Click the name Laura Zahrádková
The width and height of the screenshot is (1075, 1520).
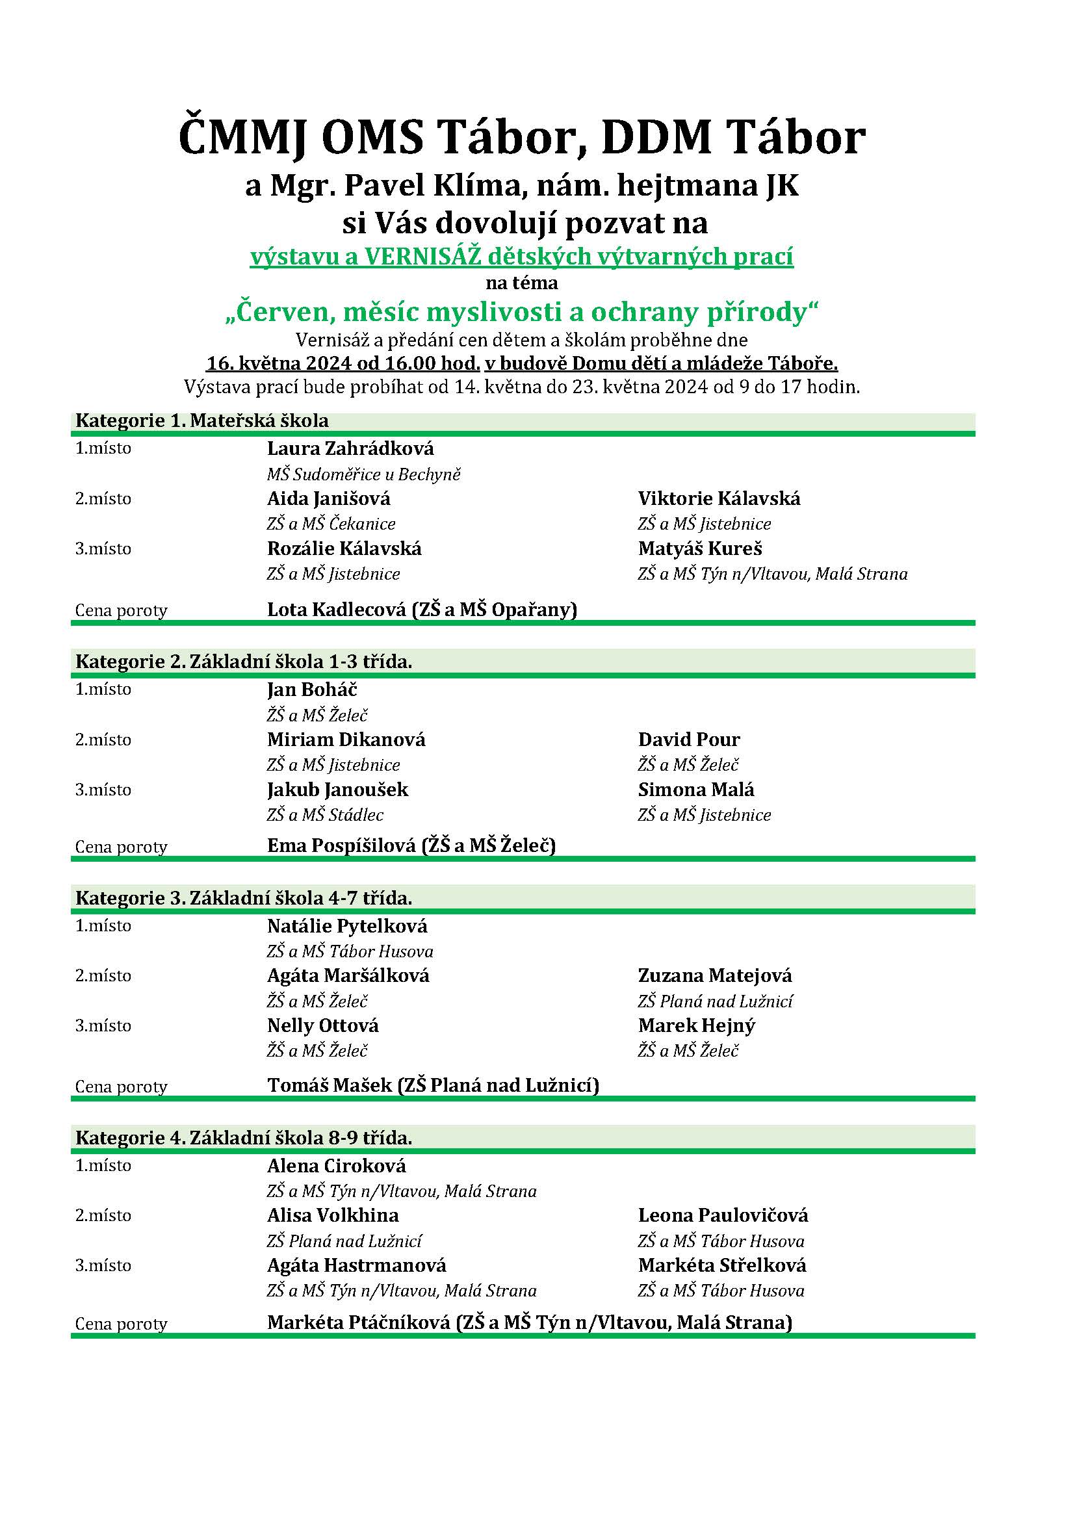click(x=350, y=448)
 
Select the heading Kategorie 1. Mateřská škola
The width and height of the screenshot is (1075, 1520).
click(x=202, y=420)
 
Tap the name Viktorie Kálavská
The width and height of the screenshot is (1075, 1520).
click(x=719, y=498)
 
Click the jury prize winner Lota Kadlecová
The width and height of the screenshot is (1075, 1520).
click(x=336, y=609)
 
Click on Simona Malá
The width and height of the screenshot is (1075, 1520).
click(x=695, y=789)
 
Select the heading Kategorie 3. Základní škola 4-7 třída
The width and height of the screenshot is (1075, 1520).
click(x=244, y=897)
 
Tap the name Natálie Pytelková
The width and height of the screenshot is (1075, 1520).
click(x=347, y=925)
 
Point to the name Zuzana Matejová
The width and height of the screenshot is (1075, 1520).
click(x=715, y=975)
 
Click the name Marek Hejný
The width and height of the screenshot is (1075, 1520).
click(x=696, y=1025)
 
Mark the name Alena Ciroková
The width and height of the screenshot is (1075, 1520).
click(x=336, y=1165)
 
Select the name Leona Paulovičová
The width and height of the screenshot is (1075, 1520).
click(x=723, y=1215)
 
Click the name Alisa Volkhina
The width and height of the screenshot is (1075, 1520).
click(x=333, y=1215)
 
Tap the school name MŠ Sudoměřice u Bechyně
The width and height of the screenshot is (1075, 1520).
click(x=363, y=474)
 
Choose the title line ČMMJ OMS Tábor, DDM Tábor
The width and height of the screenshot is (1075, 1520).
click(x=522, y=137)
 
